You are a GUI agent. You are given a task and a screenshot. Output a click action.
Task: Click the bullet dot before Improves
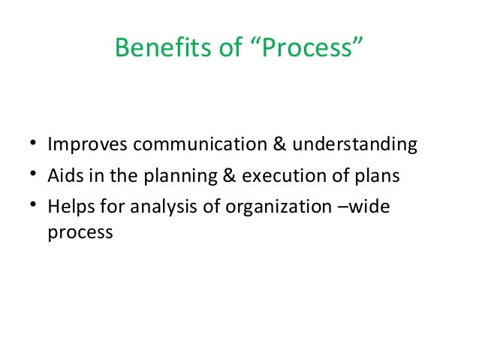(x=34, y=144)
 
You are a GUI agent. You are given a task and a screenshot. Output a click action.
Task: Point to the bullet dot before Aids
(x=34, y=176)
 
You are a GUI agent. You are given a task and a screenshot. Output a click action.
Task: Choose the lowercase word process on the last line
(x=80, y=233)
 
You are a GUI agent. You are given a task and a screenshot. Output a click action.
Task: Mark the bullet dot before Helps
(x=34, y=208)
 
